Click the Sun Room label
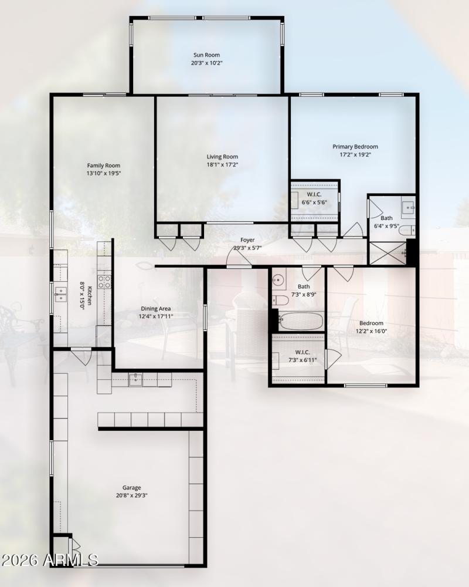tap(206, 54)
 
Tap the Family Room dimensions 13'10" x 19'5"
tap(104, 174)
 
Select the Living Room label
tap(222, 157)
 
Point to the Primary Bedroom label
tap(355, 147)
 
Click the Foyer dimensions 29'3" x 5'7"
tap(247, 248)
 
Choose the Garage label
tap(131, 487)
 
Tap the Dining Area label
tap(155, 309)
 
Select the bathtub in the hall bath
tap(302, 321)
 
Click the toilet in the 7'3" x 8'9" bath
tap(280, 301)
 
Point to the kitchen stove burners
tap(104, 281)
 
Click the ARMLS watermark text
tap(49, 559)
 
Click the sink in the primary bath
tap(409, 207)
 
